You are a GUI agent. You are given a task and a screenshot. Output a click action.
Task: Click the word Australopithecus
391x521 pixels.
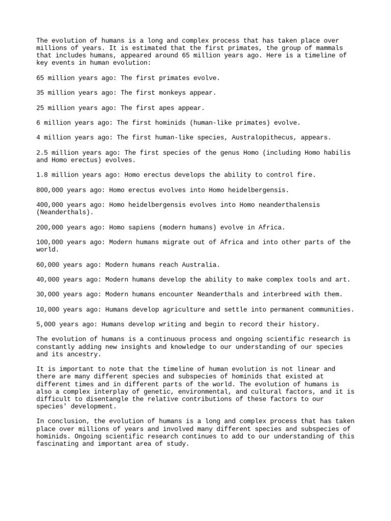click(271, 137)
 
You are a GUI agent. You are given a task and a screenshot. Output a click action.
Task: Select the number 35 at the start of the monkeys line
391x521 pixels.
click(40, 93)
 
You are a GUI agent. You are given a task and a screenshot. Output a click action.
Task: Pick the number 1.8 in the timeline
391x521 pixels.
click(42, 175)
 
